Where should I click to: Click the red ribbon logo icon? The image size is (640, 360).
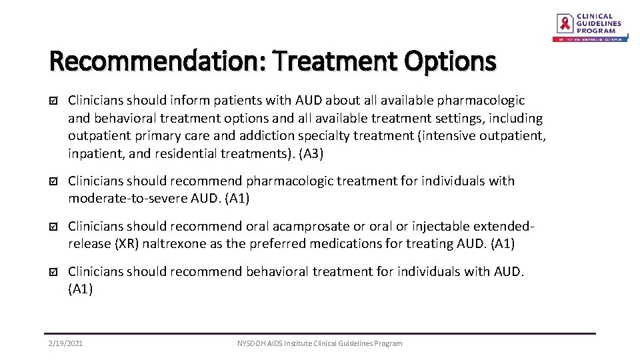pyautogui.click(x=565, y=24)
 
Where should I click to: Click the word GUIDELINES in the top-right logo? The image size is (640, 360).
pyautogui.click(x=599, y=23)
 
